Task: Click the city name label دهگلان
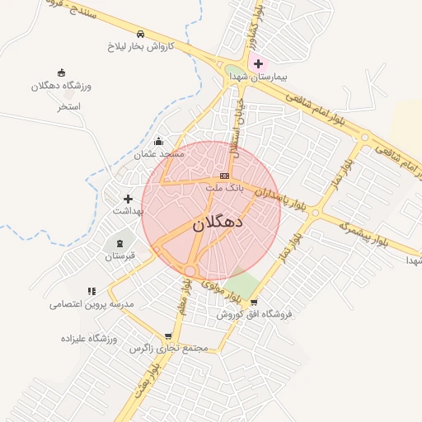coord(218,223)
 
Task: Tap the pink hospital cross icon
coord(258,63)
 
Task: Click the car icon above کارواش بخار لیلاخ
coord(142,35)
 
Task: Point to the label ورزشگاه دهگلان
coord(62,86)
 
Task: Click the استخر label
coord(68,106)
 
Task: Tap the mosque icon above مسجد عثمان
coord(159,142)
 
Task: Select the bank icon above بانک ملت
coord(224,176)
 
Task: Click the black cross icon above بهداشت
coord(128,199)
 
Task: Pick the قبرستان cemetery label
coord(124,256)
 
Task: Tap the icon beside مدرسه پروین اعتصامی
coord(91,291)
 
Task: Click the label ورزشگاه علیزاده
coord(89,338)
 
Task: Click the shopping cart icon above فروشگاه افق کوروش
coord(254,302)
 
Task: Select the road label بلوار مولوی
coord(212,288)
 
